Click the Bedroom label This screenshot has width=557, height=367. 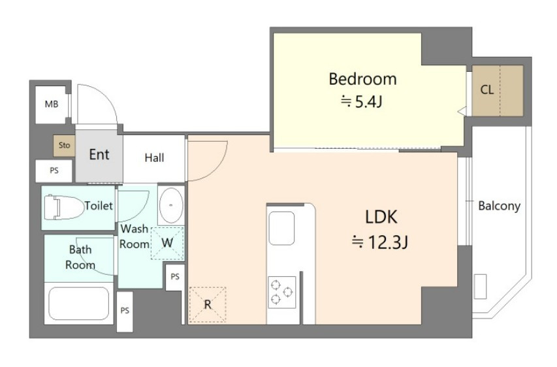pyautogui.click(x=362, y=79)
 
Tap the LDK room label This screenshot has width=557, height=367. pyautogui.click(x=381, y=217)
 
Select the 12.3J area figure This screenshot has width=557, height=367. pyautogui.click(x=379, y=243)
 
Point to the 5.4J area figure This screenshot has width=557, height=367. pyautogui.click(x=362, y=102)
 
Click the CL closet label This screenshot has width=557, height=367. pyautogui.click(x=486, y=89)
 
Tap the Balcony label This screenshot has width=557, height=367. pyautogui.click(x=499, y=206)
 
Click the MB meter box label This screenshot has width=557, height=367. pyautogui.click(x=52, y=104)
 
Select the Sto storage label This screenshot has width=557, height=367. pyautogui.click(x=64, y=145)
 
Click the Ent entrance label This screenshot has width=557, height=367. pyautogui.click(x=99, y=155)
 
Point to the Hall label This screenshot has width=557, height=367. pyautogui.click(x=154, y=157)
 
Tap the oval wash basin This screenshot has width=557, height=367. pyautogui.click(x=171, y=205)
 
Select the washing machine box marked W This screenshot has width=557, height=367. pyautogui.click(x=167, y=243)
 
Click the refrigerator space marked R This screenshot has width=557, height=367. pyautogui.click(x=208, y=304)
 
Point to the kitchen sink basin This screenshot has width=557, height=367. pyautogui.click(x=281, y=229)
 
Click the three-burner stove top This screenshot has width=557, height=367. pyautogui.click(x=281, y=293)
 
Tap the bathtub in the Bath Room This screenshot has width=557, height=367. pyautogui.click(x=78, y=304)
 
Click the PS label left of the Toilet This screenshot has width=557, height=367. pyautogui.click(x=54, y=170)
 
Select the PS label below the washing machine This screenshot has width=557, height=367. pyautogui.click(x=175, y=276)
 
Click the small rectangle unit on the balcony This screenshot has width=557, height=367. pyautogui.click(x=480, y=287)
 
